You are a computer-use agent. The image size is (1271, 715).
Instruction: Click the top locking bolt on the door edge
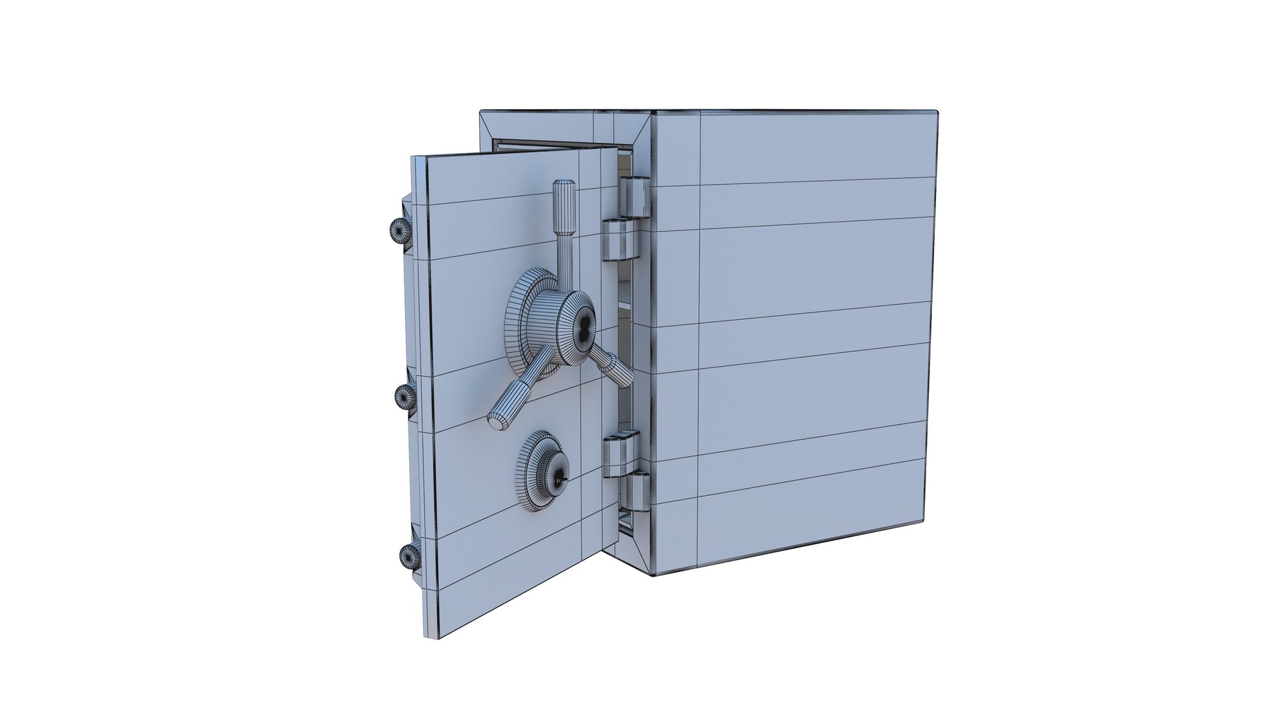tap(399, 231)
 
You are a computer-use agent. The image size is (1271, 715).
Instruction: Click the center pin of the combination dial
tap(560, 478)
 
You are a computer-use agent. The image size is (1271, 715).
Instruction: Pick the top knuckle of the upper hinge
tap(635, 197)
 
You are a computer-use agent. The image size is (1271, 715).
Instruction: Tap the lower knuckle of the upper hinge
tap(621, 239)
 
